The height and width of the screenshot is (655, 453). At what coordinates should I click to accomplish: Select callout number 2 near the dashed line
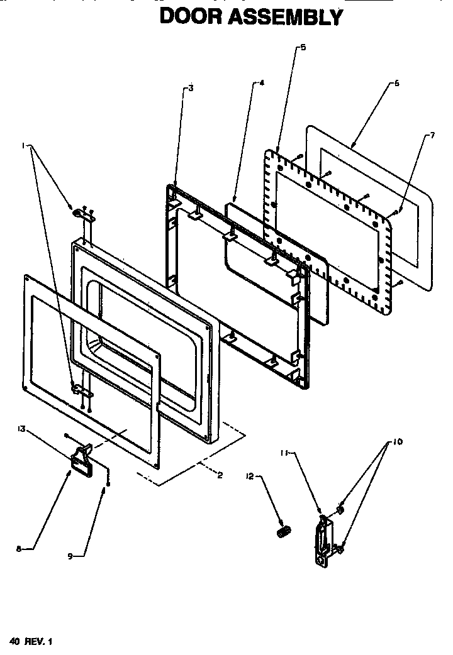tap(220, 475)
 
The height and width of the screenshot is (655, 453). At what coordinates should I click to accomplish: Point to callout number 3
tap(191, 89)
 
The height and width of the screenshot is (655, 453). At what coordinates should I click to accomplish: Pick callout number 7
tap(432, 136)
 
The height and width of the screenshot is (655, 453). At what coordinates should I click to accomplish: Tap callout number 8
tap(19, 549)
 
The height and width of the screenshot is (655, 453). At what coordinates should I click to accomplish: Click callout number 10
tap(397, 442)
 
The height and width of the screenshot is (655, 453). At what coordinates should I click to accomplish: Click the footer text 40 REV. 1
tap(30, 641)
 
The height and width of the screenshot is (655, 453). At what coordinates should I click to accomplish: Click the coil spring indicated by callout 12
tap(282, 531)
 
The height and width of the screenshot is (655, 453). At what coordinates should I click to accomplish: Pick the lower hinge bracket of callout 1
tap(82, 392)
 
